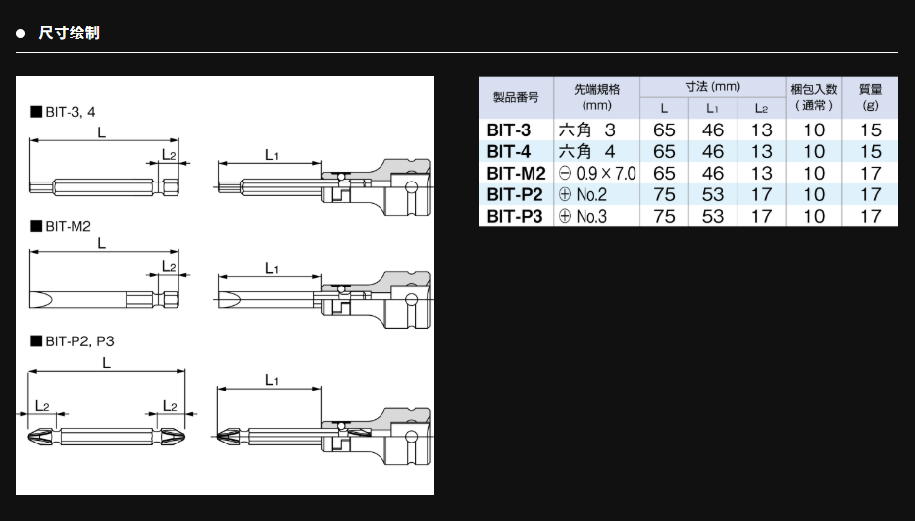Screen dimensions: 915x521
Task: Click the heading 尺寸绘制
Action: [x=69, y=33]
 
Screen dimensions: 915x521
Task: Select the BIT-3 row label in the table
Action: [x=508, y=130]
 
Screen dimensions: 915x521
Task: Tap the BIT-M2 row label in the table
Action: [x=516, y=173]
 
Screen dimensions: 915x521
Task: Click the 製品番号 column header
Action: [x=516, y=97]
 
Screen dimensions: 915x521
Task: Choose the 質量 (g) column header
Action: [x=870, y=97]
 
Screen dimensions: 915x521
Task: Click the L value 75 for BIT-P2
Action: [x=664, y=194]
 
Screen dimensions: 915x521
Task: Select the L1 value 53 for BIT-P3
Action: [x=713, y=216]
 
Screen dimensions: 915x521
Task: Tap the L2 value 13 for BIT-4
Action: [x=761, y=151]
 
